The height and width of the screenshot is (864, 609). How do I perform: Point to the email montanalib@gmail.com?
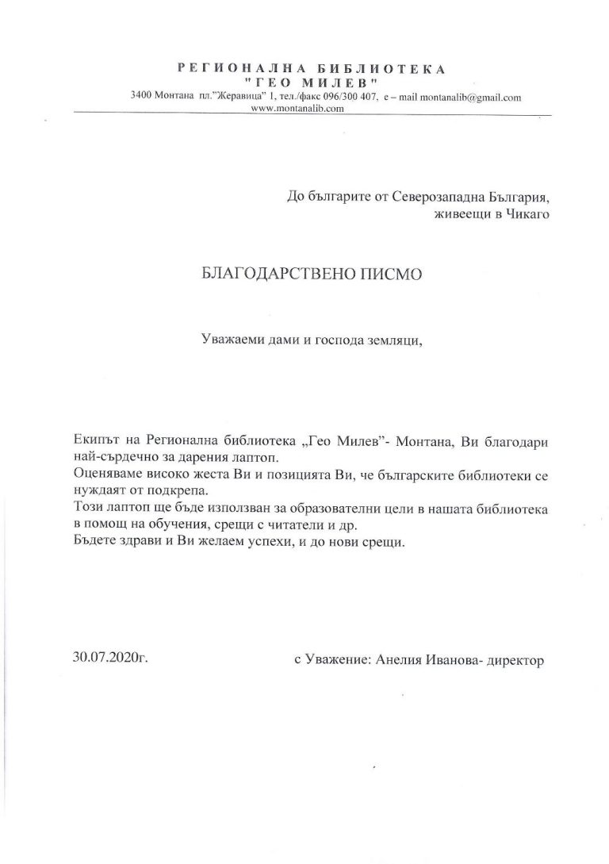click(467, 98)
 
